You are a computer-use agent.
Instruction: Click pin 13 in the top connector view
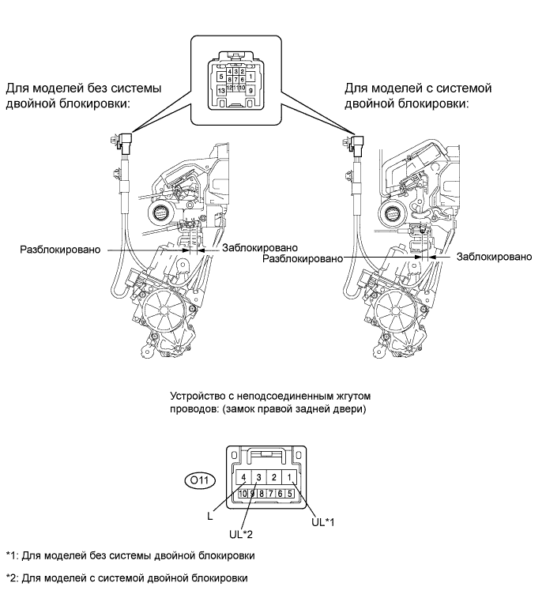coord(221,90)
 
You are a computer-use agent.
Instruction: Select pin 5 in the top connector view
coord(221,77)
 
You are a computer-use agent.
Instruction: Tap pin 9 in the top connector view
coord(250,91)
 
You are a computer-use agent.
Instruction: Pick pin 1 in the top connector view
coord(250,77)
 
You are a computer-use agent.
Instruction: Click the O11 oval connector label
coord(198,477)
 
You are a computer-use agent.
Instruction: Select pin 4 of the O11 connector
coord(245,477)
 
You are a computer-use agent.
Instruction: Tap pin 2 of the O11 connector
coord(273,477)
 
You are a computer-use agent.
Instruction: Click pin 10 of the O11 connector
coord(243,493)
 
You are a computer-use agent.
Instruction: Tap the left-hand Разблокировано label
coord(61,250)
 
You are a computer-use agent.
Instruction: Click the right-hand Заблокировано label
coord(495,257)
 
